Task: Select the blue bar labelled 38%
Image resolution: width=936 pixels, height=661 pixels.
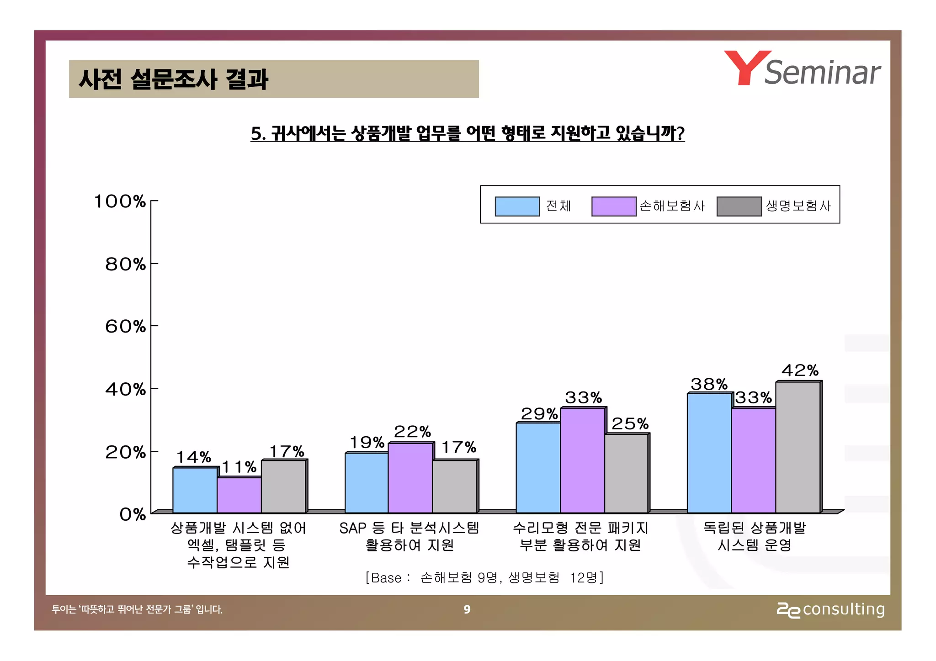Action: tap(709, 453)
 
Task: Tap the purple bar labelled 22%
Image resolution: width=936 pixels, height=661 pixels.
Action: tap(410, 478)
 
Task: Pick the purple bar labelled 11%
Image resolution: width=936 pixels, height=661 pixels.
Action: tap(239, 495)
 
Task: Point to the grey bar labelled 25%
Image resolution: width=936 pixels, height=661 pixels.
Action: tap(626, 473)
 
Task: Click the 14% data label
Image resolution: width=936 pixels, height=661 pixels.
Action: tap(193, 457)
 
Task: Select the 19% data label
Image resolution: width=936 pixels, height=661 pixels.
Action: tap(367, 442)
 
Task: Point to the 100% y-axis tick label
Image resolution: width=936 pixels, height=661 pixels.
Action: tap(120, 201)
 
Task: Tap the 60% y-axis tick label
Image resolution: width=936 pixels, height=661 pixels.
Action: tap(125, 327)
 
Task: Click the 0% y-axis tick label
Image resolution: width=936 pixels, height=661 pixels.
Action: tap(133, 515)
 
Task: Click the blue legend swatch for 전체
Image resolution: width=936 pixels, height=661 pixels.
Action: tap(517, 206)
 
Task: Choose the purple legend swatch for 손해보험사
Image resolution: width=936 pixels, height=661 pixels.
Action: tap(613, 206)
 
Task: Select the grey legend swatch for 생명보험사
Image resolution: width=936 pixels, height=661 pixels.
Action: tap(739, 206)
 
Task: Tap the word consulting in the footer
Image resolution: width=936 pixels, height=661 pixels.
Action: tap(843, 609)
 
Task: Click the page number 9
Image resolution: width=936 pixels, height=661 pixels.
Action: tap(467, 609)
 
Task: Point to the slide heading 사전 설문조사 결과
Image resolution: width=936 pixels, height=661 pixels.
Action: tap(173, 79)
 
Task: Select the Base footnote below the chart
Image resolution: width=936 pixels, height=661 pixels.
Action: tap(484, 578)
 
